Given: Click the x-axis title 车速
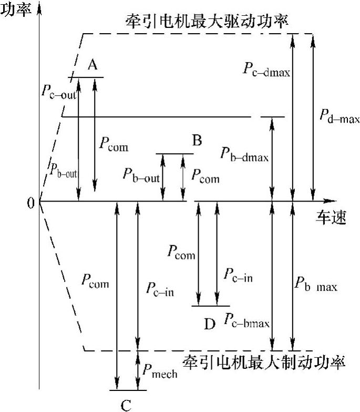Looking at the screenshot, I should tap(331, 217).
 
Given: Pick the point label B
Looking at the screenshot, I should tap(197, 140).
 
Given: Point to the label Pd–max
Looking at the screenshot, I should tap(339, 117).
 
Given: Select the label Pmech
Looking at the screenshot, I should tap(160, 371).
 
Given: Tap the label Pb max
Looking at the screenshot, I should tap(315, 287).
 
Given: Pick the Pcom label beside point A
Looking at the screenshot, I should tap(113, 146).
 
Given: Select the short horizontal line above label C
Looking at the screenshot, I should tap(128, 390).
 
